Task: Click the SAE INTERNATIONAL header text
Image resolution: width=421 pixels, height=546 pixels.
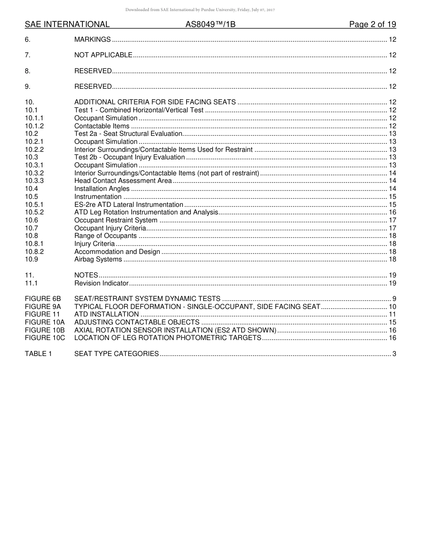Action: (x=67, y=24)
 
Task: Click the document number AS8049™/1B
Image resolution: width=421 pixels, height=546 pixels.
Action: (x=210, y=24)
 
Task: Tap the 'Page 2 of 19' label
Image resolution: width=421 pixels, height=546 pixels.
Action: (x=372, y=24)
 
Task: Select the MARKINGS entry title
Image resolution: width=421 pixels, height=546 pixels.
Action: (x=92, y=40)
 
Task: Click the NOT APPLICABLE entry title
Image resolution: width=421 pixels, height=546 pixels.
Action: (x=103, y=55)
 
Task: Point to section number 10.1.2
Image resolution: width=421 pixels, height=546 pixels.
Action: (x=34, y=126)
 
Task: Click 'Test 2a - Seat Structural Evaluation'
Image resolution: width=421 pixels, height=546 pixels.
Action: (x=128, y=134)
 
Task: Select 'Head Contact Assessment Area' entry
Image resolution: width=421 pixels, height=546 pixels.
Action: (x=123, y=181)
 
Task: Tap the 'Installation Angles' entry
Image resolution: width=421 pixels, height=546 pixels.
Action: (x=102, y=189)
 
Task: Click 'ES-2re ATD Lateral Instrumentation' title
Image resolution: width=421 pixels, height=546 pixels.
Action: (x=129, y=205)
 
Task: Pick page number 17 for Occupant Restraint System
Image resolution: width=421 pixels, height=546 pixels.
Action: (x=392, y=220)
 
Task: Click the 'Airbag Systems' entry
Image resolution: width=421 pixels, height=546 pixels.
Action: (x=98, y=259)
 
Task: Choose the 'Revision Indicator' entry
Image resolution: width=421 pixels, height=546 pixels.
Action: (x=101, y=283)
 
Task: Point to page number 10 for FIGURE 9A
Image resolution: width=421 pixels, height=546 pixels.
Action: (x=392, y=307)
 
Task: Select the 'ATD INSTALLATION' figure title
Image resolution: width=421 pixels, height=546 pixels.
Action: (x=106, y=314)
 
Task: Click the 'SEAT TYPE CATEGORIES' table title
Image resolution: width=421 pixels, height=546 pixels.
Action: (x=116, y=354)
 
